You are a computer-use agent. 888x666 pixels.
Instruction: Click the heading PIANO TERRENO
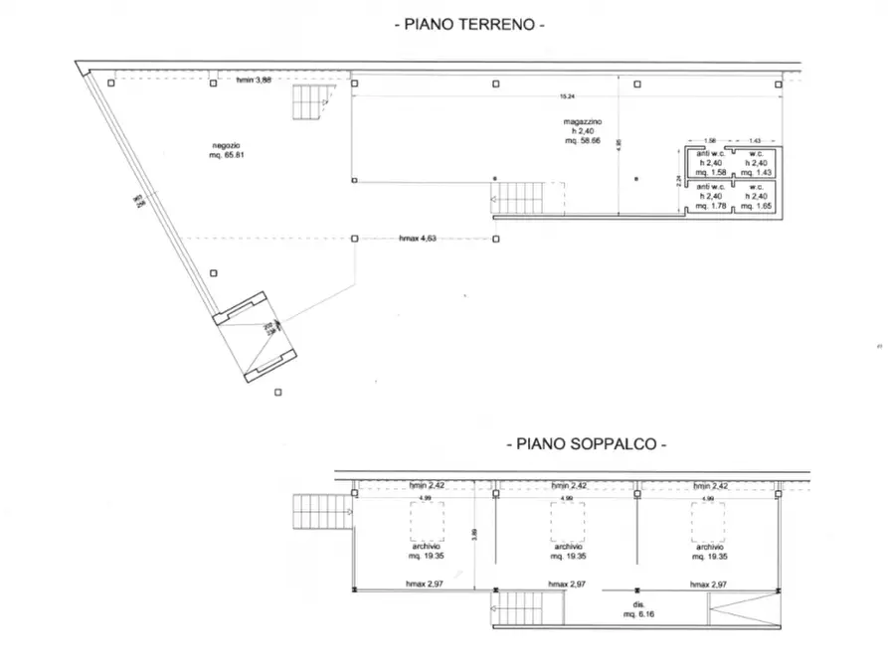pyautogui.click(x=470, y=23)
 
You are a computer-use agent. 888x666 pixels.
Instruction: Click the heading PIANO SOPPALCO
pyautogui.click(x=587, y=444)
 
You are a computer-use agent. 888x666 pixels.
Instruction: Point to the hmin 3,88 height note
pyautogui.click(x=254, y=81)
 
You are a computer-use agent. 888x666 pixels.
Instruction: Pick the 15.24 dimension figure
pyautogui.click(x=566, y=96)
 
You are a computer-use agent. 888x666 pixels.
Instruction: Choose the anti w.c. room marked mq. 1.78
pyautogui.click(x=709, y=196)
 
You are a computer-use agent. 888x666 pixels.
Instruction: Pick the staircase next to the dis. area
pyautogui.click(x=527, y=607)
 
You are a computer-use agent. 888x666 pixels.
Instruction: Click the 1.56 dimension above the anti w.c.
pyautogui.click(x=709, y=141)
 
